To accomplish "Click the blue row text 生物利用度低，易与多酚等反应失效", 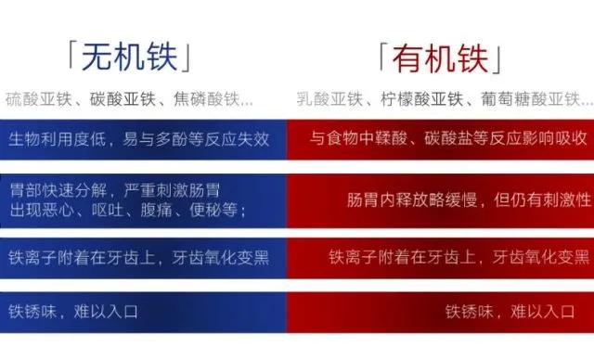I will point(139,138).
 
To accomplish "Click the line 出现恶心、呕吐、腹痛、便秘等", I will point(126,209).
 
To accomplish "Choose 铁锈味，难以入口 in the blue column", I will point(73,311).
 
